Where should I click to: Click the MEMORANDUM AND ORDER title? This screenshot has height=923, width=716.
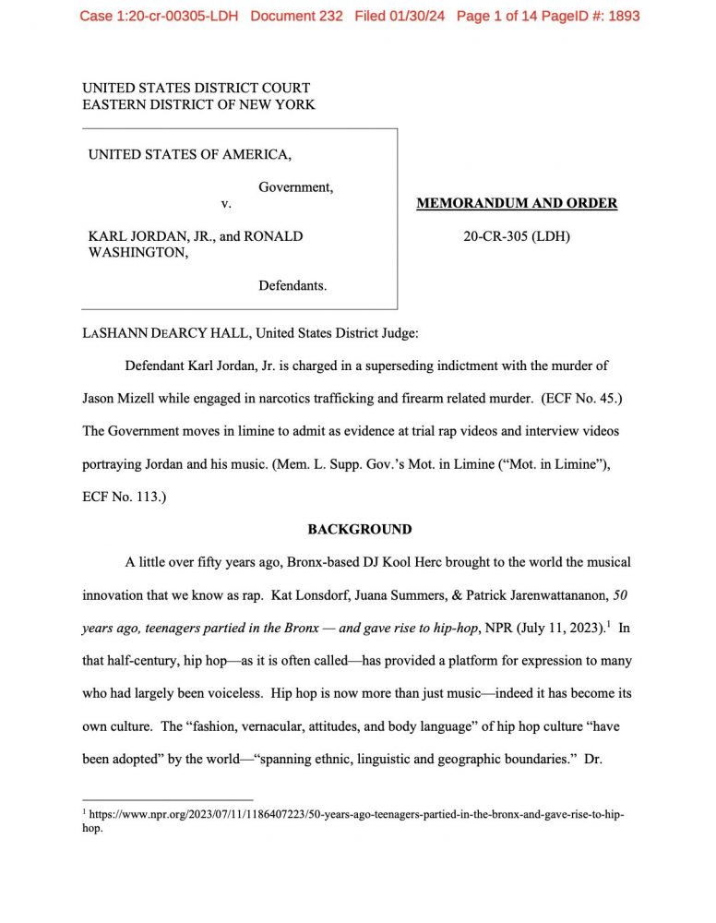pyautogui.click(x=517, y=203)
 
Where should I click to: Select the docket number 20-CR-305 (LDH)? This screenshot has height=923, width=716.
pyautogui.click(x=517, y=236)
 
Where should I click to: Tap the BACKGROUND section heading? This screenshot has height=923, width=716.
pyautogui.click(x=359, y=529)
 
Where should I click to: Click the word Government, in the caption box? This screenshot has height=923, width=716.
pyautogui.click(x=295, y=186)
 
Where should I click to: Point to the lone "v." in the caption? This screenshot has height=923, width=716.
pyautogui.click(x=225, y=203)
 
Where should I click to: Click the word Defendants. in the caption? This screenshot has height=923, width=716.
pyautogui.click(x=292, y=286)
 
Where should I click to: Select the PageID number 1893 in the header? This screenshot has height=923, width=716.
pyautogui.click(x=621, y=16)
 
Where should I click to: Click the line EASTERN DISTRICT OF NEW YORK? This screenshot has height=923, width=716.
pyautogui.click(x=198, y=104)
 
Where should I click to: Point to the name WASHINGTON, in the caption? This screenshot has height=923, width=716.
pyautogui.click(x=138, y=253)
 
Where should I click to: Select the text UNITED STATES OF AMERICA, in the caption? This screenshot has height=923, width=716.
pyautogui.click(x=190, y=154)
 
